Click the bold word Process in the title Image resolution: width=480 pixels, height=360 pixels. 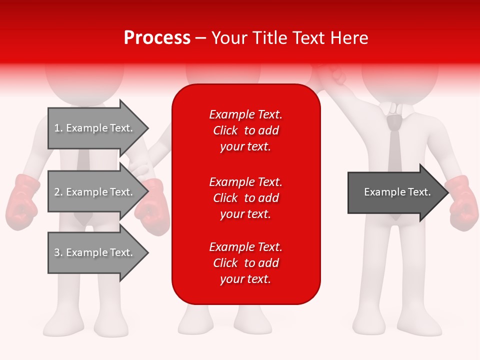[157, 38]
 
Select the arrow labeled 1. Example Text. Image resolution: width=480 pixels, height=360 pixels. [95, 128]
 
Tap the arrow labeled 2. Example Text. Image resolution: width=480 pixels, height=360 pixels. [95, 192]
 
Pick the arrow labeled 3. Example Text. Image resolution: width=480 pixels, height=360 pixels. [95, 252]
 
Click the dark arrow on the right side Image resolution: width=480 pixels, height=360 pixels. [395, 192]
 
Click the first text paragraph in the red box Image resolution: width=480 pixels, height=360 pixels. [245, 130]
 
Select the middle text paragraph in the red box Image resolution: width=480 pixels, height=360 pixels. [245, 198]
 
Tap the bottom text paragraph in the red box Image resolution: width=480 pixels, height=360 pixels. [245, 263]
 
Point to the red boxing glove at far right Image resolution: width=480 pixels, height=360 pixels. [462, 202]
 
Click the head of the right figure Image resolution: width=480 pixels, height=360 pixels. [400, 75]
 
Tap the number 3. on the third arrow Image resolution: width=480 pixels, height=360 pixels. [58, 252]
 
